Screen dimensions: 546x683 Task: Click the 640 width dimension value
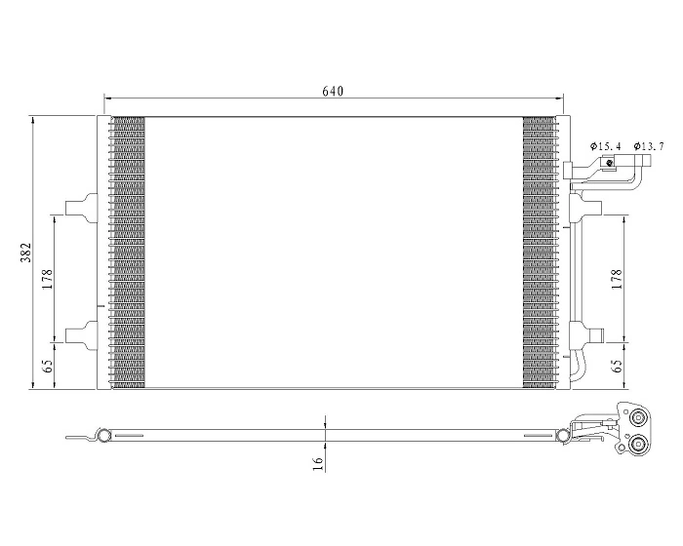pos(333,91)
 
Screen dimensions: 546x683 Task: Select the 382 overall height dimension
pos(28,253)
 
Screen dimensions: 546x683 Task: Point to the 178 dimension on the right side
pos(617,280)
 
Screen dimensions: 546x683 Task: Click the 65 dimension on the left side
pos(47,368)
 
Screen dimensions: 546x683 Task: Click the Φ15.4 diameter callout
pos(605,146)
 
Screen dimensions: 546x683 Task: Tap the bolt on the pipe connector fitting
pos(609,163)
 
